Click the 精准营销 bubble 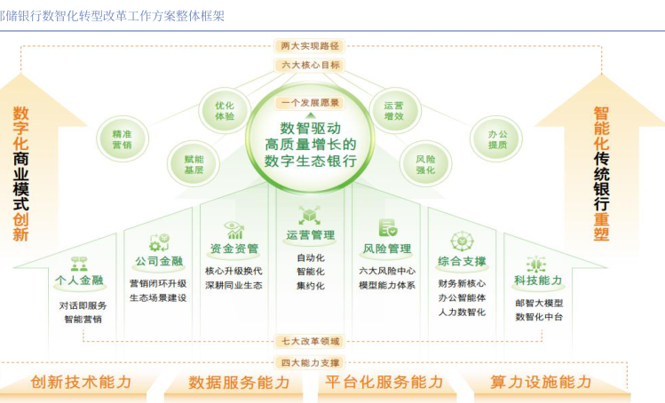coord(123,139)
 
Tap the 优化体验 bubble coord(225,111)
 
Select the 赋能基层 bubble coord(194,164)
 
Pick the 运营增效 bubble coord(394,111)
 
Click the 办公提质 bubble coord(497,139)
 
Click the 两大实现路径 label coord(310,45)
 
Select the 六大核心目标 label coord(310,65)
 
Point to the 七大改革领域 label coord(310,340)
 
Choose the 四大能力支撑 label coord(310,361)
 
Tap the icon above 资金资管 coord(234,228)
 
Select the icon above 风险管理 coord(387,228)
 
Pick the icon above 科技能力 coord(536,264)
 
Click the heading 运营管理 coord(310,235)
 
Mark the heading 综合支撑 coord(462,261)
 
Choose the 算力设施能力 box coord(541,382)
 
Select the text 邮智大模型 coord(538,303)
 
